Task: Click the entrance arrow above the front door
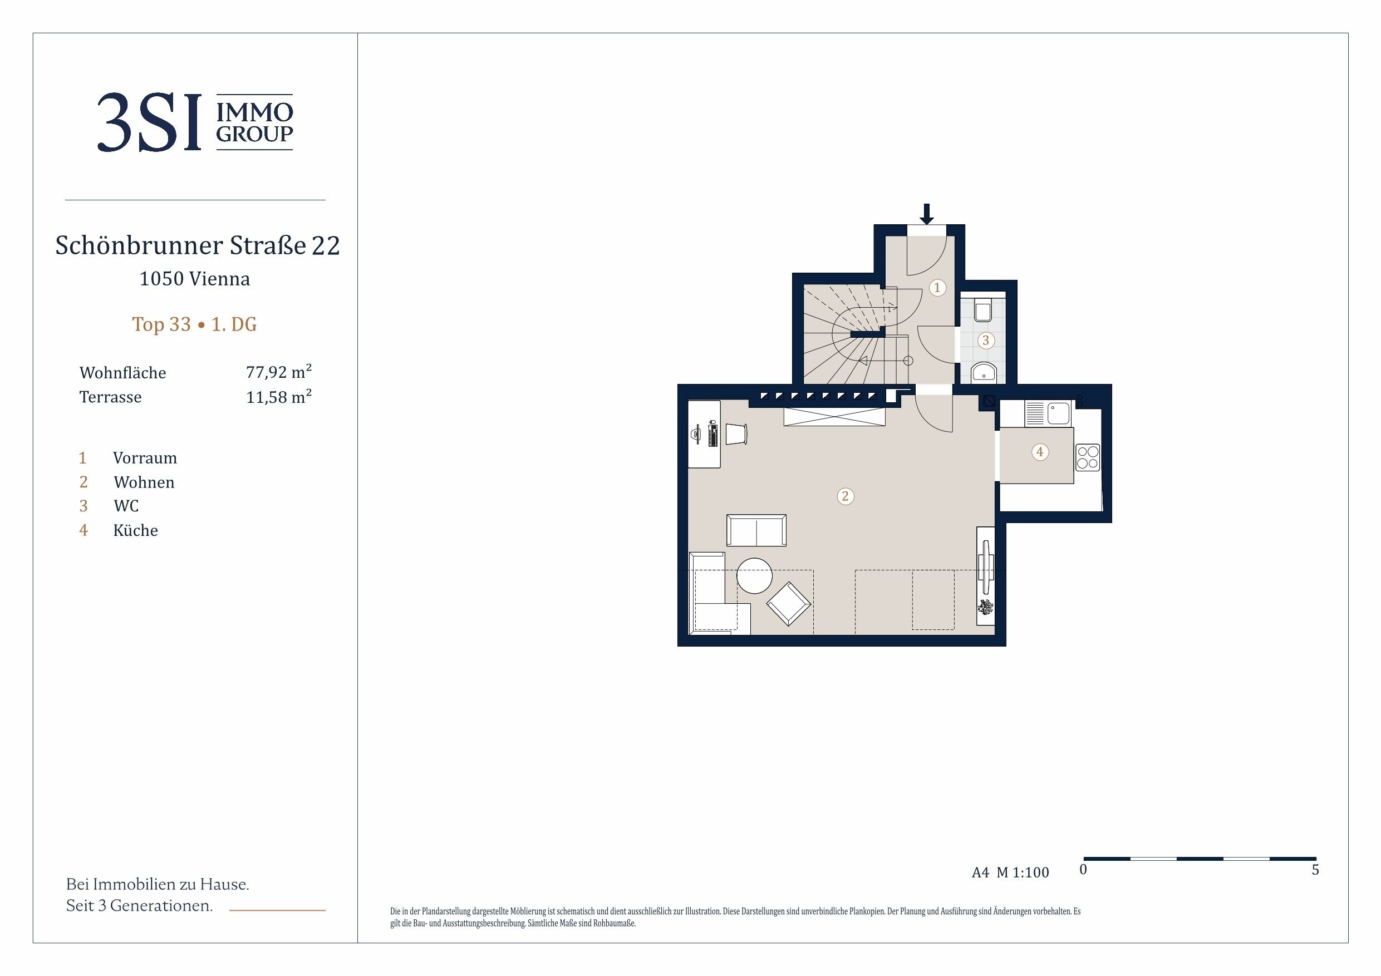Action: click(x=926, y=214)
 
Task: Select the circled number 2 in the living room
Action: click(x=845, y=496)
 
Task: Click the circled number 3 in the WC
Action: click(x=985, y=341)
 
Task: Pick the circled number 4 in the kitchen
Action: click(x=1040, y=452)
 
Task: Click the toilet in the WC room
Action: click(x=983, y=309)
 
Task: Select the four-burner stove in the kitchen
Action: click(x=1088, y=456)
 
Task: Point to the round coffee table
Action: click(x=754, y=575)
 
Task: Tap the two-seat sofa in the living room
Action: click(x=756, y=530)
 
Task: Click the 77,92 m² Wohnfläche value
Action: click(x=278, y=372)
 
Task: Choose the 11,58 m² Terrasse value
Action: click(x=278, y=396)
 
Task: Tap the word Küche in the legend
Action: click(x=135, y=530)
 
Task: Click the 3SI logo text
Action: click(x=149, y=122)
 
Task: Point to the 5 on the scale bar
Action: click(x=1315, y=870)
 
